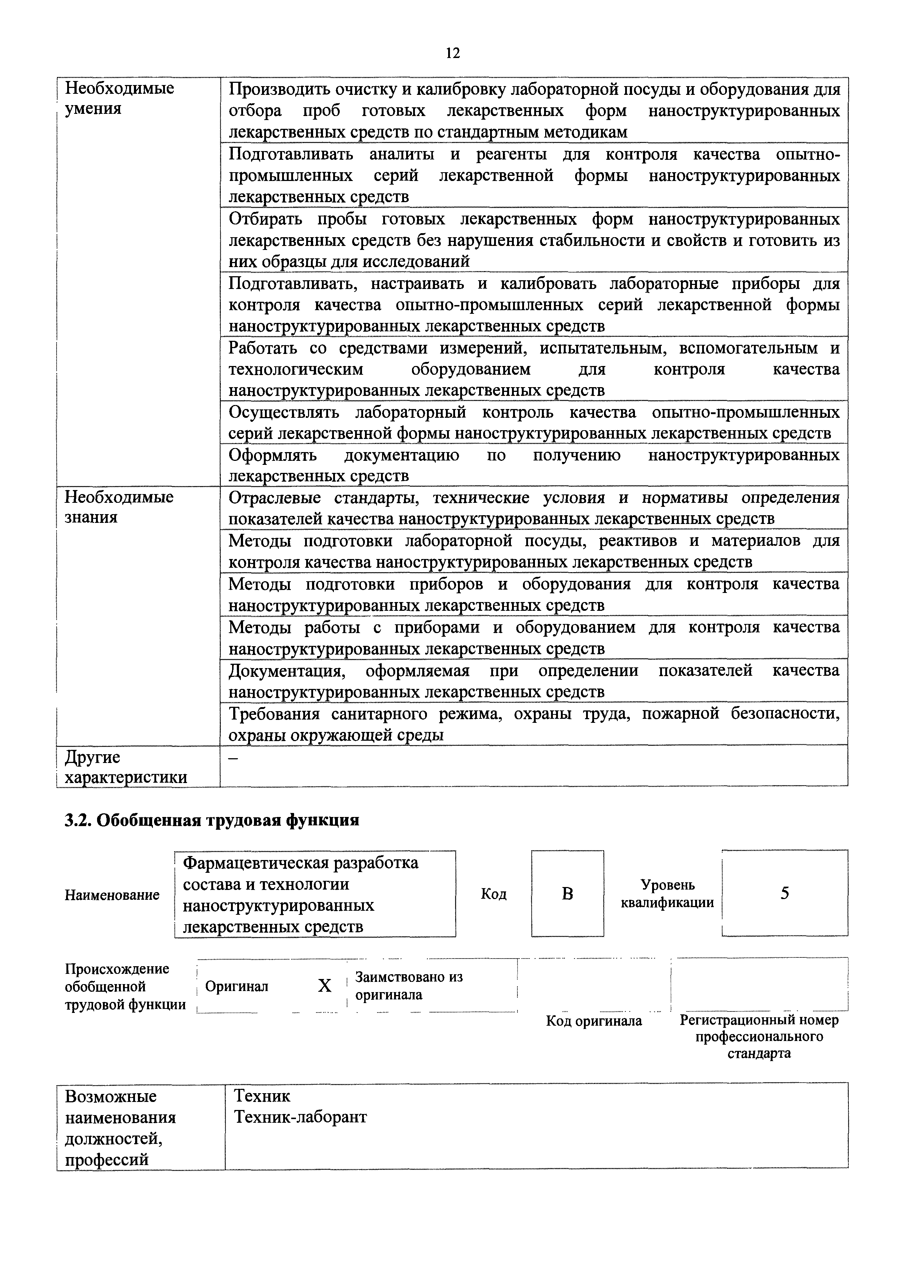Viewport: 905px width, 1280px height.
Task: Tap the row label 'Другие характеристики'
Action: pos(126,767)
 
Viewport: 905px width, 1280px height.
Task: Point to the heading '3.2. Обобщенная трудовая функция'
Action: pos(212,821)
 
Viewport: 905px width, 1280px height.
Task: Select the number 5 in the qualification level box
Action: pos(785,894)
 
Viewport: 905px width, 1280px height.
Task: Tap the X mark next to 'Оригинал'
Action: pos(324,986)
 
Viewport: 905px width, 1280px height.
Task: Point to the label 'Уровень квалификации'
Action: pos(667,894)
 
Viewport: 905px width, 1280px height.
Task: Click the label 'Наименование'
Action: pos(112,895)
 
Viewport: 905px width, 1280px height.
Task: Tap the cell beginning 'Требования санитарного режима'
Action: pos(534,724)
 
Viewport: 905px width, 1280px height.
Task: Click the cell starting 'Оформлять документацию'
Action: pos(534,465)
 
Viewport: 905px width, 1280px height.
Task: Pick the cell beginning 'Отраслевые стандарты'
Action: pos(534,508)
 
